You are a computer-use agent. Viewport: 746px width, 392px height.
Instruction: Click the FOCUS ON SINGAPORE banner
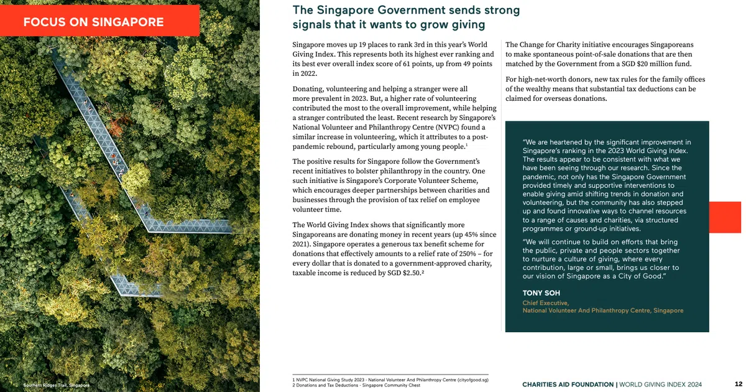pyautogui.click(x=93, y=22)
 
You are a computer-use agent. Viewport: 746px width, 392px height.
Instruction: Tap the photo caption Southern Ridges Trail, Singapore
pyautogui.click(x=56, y=386)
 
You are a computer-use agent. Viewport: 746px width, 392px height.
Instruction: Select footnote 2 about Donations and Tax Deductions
pyautogui.click(x=356, y=386)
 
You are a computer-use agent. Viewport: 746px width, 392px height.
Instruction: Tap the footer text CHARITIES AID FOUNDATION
pyautogui.click(x=567, y=385)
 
